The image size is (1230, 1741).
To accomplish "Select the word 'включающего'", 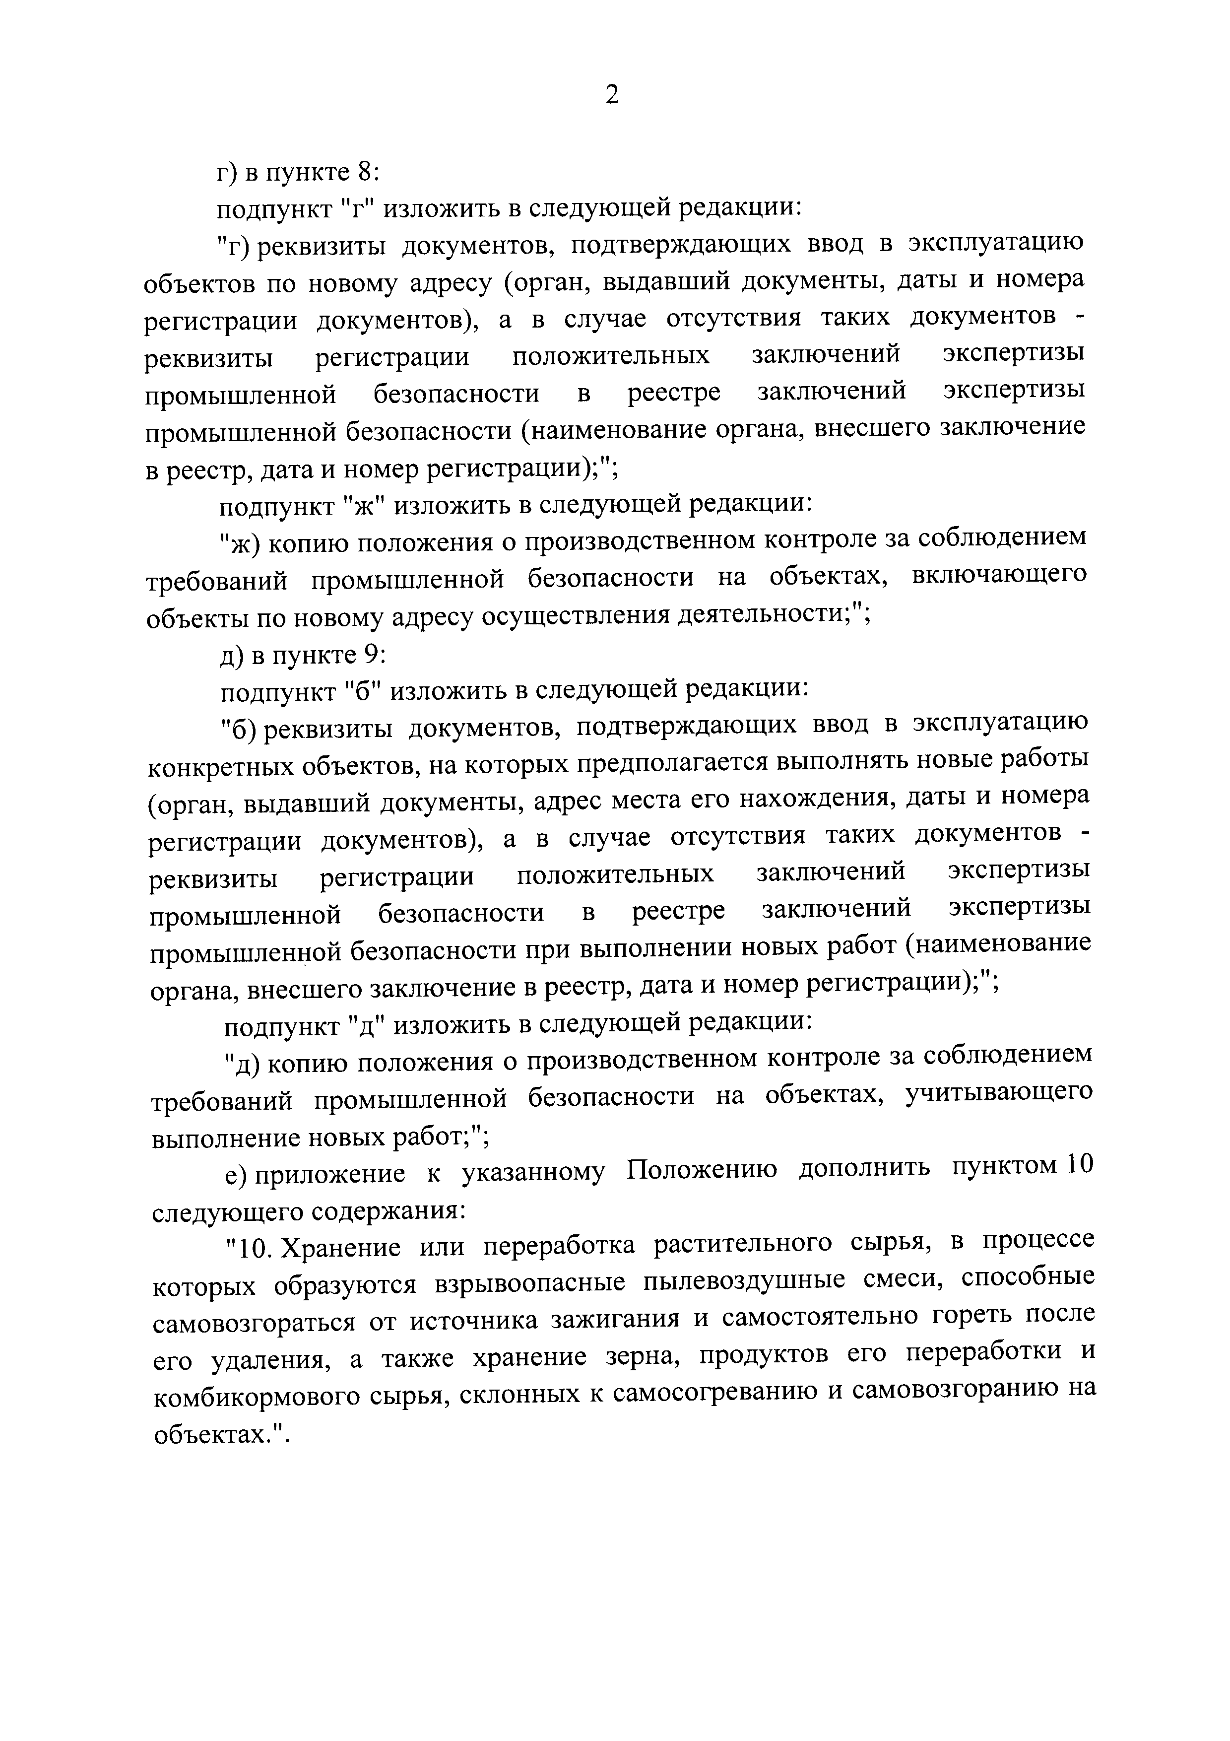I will pos(999,576).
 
